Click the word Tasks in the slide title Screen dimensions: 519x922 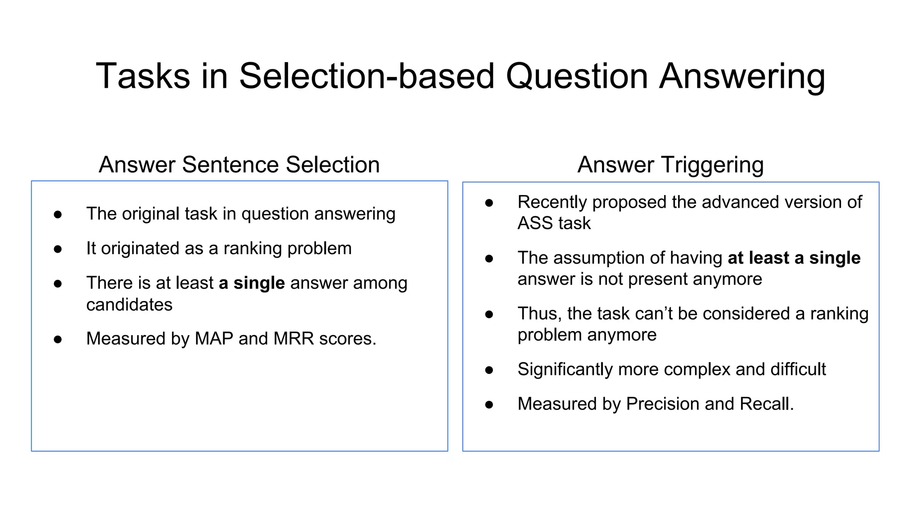coord(143,76)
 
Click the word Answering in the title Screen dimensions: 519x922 coord(742,76)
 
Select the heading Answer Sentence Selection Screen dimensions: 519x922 coord(239,164)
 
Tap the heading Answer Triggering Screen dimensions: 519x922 coord(670,164)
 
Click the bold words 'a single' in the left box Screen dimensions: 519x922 coord(252,283)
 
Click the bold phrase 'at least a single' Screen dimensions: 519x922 coord(794,258)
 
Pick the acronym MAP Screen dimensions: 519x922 coord(214,338)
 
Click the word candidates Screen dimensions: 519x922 coord(129,305)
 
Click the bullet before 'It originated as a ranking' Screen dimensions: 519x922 coord(58,249)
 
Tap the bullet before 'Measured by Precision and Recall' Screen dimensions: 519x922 coord(489,405)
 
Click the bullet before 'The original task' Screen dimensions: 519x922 coord(58,214)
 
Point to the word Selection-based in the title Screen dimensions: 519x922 coord(366,76)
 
